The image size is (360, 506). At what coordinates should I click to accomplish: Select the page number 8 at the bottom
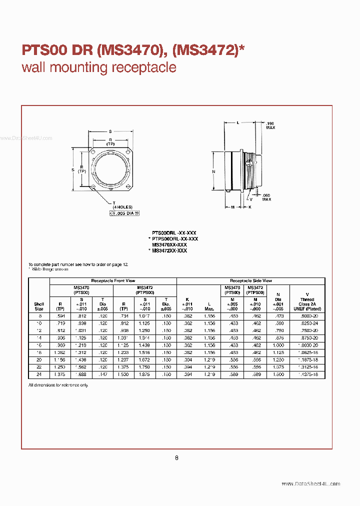pos(176,457)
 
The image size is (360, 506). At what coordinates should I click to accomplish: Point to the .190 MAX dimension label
pos(270,125)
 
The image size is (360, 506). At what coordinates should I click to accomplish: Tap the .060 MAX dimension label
pos(266,197)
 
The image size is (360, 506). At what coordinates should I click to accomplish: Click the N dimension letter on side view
pos(213,171)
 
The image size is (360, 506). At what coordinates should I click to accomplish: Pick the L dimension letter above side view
pos(238,122)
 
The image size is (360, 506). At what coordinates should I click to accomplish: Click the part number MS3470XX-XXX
pos(169,245)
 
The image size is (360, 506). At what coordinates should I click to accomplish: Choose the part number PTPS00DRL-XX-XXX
pos(174,239)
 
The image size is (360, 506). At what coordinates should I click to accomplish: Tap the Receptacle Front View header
pos(113,281)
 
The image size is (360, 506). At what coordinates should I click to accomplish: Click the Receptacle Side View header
pos(251,281)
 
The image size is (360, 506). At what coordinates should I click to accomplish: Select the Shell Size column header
pos(39,306)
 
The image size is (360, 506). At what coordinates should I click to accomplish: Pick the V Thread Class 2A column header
pos(307,302)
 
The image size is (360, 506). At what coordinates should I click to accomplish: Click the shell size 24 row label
pos(39,374)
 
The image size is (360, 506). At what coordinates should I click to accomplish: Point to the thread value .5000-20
pos(307,316)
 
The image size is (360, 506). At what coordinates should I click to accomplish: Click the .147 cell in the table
pos(102,374)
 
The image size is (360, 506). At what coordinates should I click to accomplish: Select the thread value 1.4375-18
pos(307,374)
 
